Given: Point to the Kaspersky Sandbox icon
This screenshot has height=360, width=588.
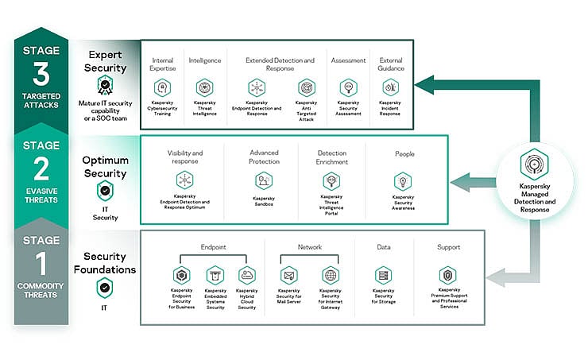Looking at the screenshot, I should pyautogui.click(x=264, y=180).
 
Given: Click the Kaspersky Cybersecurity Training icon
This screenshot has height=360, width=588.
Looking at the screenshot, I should pyautogui.click(x=162, y=87).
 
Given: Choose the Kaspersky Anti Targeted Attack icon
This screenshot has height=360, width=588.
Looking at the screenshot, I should pyautogui.click(x=307, y=87).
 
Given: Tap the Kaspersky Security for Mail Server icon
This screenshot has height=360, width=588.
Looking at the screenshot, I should pyautogui.click(x=288, y=275).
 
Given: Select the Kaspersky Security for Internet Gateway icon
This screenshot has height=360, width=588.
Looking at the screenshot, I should pyautogui.click(x=330, y=275).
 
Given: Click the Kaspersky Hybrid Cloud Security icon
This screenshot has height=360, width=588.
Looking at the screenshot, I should pyautogui.click(x=247, y=275).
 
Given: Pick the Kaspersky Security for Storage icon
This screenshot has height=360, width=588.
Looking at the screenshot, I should pyautogui.click(x=383, y=275).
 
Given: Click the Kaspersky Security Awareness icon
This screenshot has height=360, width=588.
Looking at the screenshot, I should pyautogui.click(x=403, y=181).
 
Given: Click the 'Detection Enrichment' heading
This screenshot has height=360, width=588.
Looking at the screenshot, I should pyautogui.click(x=331, y=157).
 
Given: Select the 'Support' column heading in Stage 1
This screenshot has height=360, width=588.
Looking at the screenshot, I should pyautogui.click(x=448, y=247).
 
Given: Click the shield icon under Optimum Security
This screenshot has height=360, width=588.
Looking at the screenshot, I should pyautogui.click(x=104, y=191).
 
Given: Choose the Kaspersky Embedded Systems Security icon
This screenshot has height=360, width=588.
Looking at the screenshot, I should pyautogui.click(x=215, y=275).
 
